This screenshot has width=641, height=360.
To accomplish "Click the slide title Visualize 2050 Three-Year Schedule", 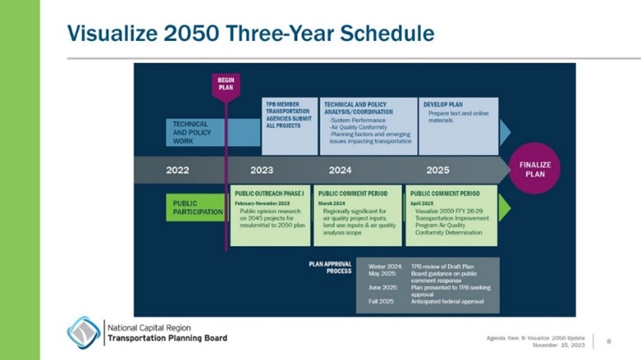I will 250,33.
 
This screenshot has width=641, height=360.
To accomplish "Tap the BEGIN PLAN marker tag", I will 225,83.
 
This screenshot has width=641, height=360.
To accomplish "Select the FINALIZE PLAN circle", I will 535,169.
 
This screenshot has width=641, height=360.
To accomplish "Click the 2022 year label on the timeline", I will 177,170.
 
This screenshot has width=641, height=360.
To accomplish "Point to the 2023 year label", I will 261,170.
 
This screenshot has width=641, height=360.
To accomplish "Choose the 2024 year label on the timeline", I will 340,170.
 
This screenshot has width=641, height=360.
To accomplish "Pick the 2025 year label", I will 437,170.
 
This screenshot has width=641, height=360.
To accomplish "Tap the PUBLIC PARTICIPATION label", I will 197,207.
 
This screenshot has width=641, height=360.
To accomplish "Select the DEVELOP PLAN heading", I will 443,105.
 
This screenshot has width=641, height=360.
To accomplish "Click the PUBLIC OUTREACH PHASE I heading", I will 269,194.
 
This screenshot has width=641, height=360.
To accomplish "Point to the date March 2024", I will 331,202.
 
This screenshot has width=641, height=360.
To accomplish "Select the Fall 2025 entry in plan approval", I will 381,301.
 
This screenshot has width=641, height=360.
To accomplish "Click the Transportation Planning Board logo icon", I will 84,332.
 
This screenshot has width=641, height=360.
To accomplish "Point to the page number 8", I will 609,340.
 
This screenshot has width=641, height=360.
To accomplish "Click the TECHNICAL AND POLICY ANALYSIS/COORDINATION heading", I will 355,109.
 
